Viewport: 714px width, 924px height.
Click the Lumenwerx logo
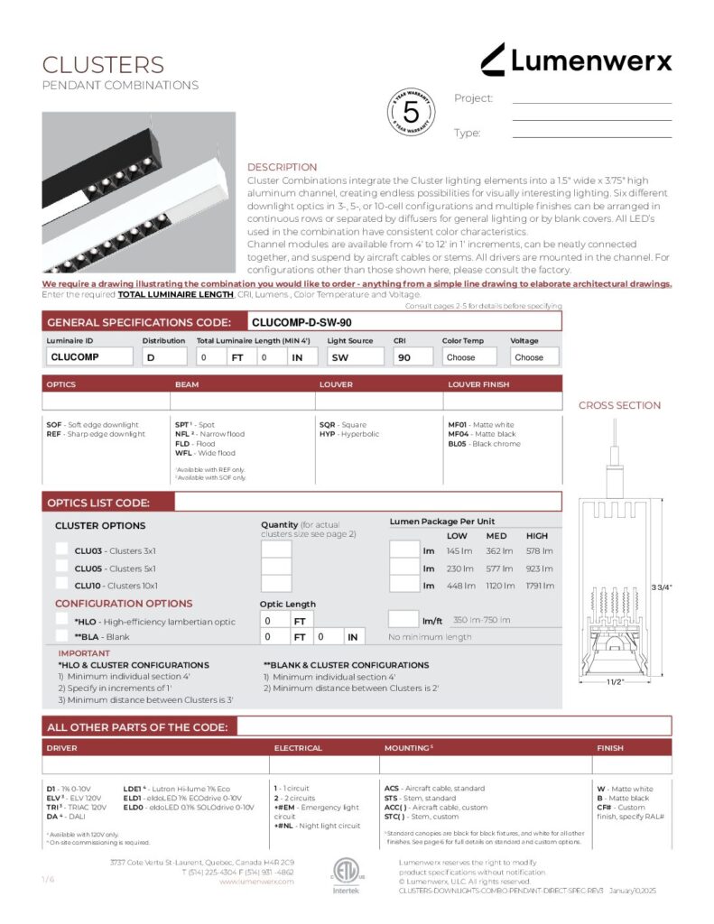pyautogui.click(x=576, y=61)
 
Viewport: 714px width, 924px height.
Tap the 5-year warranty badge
pyautogui.click(x=411, y=113)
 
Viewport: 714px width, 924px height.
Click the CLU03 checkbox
pyautogui.click(x=61, y=549)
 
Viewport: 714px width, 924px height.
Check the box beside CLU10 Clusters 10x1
pyautogui.click(x=61, y=584)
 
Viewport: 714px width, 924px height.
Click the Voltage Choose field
pyautogui.click(x=534, y=356)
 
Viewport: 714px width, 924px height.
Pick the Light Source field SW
pyautogui.click(x=355, y=356)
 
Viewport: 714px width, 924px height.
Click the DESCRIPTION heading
pyautogui.click(x=282, y=167)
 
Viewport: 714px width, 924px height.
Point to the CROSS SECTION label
pyautogui.click(x=619, y=405)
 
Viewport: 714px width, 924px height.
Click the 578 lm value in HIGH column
pyautogui.click(x=539, y=550)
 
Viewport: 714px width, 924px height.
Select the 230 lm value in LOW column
pyautogui.click(x=459, y=568)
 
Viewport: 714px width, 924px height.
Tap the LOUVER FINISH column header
pyautogui.click(x=478, y=384)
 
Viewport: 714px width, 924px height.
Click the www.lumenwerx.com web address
pyautogui.click(x=256, y=882)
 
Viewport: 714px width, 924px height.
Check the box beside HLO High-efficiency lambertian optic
pyautogui.click(x=61, y=620)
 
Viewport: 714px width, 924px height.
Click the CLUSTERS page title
pyautogui.click(x=103, y=65)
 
